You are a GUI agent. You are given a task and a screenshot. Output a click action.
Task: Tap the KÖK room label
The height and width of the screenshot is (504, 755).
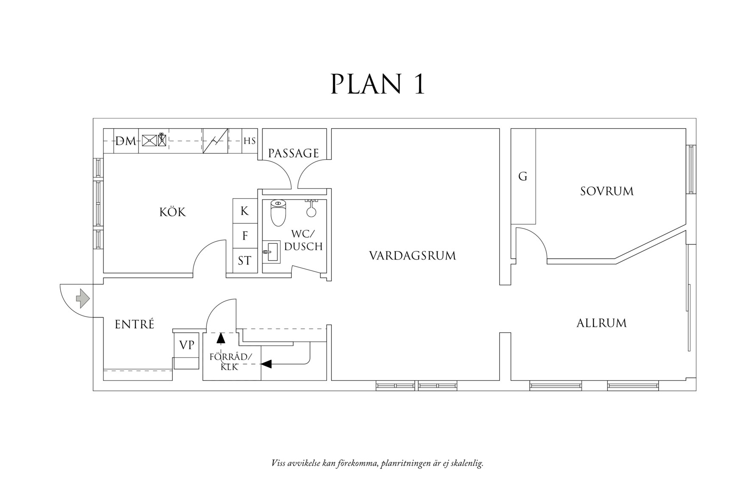173,211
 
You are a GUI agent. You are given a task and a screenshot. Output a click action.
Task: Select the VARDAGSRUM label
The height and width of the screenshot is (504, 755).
412,256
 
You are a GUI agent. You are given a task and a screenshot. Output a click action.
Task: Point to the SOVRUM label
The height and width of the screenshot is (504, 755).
607,191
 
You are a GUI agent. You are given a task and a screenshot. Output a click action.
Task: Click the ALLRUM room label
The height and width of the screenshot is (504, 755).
601,323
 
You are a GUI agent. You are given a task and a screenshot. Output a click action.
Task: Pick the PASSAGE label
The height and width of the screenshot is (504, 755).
294,153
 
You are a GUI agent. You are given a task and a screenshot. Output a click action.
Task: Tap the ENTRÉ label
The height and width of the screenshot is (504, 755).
134,324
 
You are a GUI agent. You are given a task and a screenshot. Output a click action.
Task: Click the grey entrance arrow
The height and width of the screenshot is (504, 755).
83,298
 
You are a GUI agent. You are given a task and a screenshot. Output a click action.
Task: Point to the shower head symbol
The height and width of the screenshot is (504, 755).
312,209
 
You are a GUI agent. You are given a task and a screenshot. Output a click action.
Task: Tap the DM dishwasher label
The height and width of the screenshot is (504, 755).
126,141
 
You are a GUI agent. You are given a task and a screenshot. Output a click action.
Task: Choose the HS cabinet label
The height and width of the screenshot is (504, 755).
249,141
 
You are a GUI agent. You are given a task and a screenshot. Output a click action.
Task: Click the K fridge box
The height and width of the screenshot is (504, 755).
245,211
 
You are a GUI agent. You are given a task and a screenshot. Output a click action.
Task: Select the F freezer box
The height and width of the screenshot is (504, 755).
245,236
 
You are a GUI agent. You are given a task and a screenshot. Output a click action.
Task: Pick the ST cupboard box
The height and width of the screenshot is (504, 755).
245,260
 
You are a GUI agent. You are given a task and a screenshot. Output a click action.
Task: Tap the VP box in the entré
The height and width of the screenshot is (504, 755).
187,345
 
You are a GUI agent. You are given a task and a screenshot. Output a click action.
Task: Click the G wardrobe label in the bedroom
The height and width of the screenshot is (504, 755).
523,176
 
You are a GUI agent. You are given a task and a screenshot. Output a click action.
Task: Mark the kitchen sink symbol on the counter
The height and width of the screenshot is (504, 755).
154,140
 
